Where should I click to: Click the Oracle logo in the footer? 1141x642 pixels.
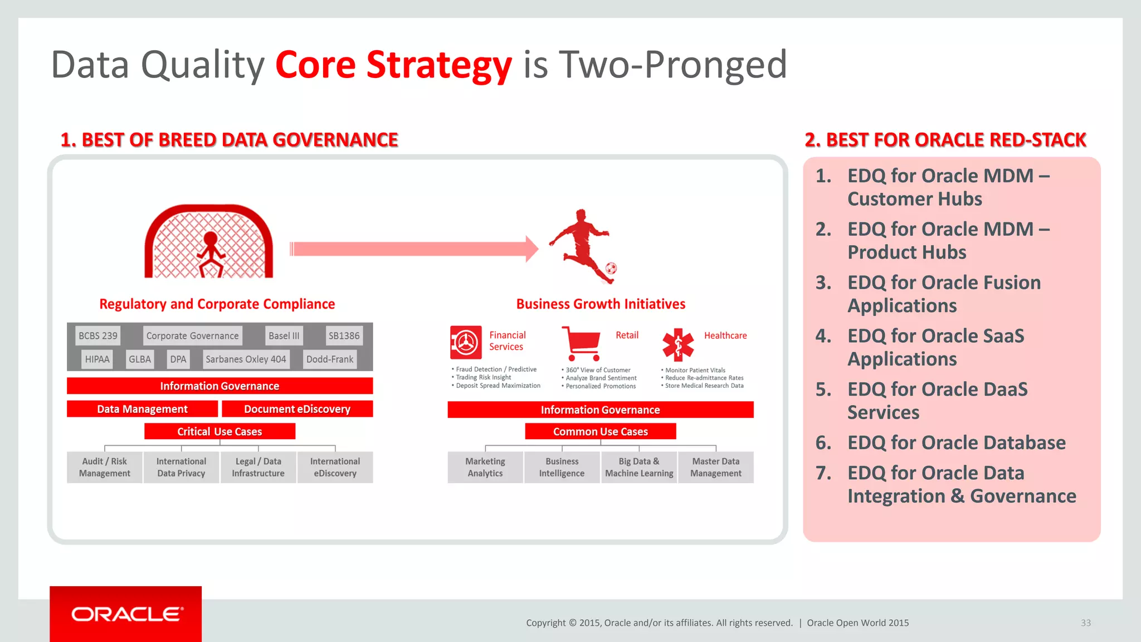point(126,614)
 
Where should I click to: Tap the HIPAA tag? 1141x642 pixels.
point(97,359)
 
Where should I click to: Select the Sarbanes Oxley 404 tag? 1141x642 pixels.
point(246,359)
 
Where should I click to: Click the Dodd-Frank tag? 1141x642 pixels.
point(330,359)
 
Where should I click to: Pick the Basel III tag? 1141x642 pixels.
point(284,336)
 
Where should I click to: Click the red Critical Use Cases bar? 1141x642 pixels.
point(220,431)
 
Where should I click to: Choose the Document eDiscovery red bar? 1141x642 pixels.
point(297,409)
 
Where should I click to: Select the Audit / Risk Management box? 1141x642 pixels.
point(105,467)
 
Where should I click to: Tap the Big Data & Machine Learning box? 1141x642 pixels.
point(639,467)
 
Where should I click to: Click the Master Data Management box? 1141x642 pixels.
point(716,467)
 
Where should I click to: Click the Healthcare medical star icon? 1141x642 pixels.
point(678,344)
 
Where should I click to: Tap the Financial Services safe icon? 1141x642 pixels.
point(466,342)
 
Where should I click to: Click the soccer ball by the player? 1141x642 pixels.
point(611,269)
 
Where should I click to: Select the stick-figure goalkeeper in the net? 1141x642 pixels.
point(211,254)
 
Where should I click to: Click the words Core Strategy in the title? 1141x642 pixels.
point(393,65)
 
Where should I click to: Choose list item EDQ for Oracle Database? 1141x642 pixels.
point(956,442)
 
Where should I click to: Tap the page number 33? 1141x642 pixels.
point(1086,623)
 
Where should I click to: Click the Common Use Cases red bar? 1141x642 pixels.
point(600,431)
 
